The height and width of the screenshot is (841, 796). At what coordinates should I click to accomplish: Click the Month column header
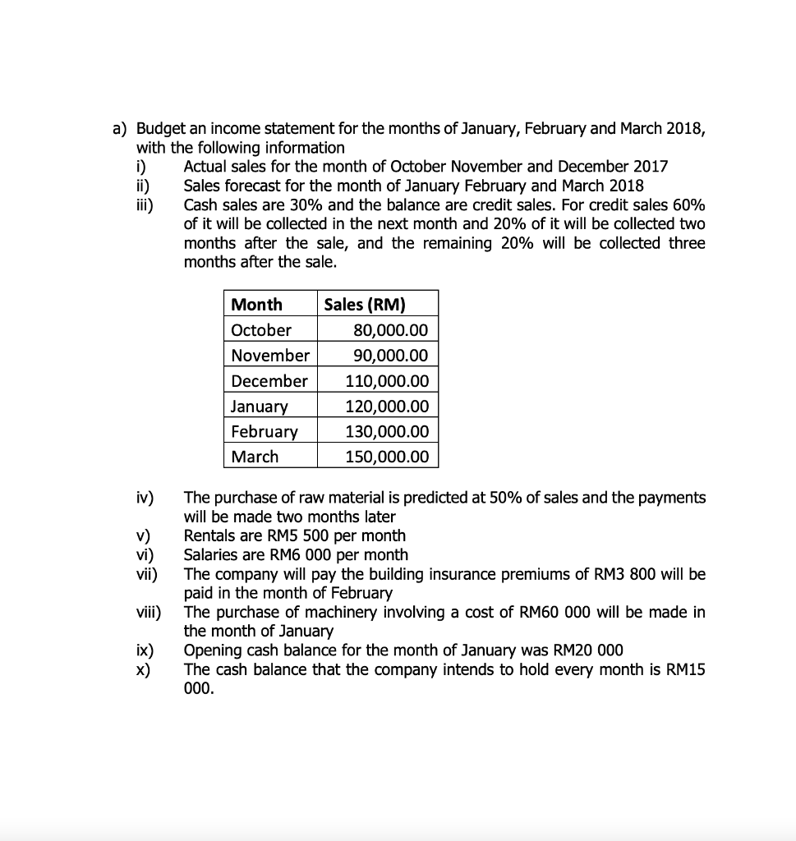pos(256,305)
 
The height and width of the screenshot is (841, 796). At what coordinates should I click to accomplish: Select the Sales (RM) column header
pos(365,305)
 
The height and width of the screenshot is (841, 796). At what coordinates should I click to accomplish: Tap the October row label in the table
pos(261,330)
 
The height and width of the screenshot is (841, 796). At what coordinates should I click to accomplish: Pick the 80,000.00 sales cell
pos(390,330)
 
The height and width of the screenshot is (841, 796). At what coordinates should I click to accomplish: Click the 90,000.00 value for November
pos(390,356)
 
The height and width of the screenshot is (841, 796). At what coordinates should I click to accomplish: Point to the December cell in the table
pos(269,381)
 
